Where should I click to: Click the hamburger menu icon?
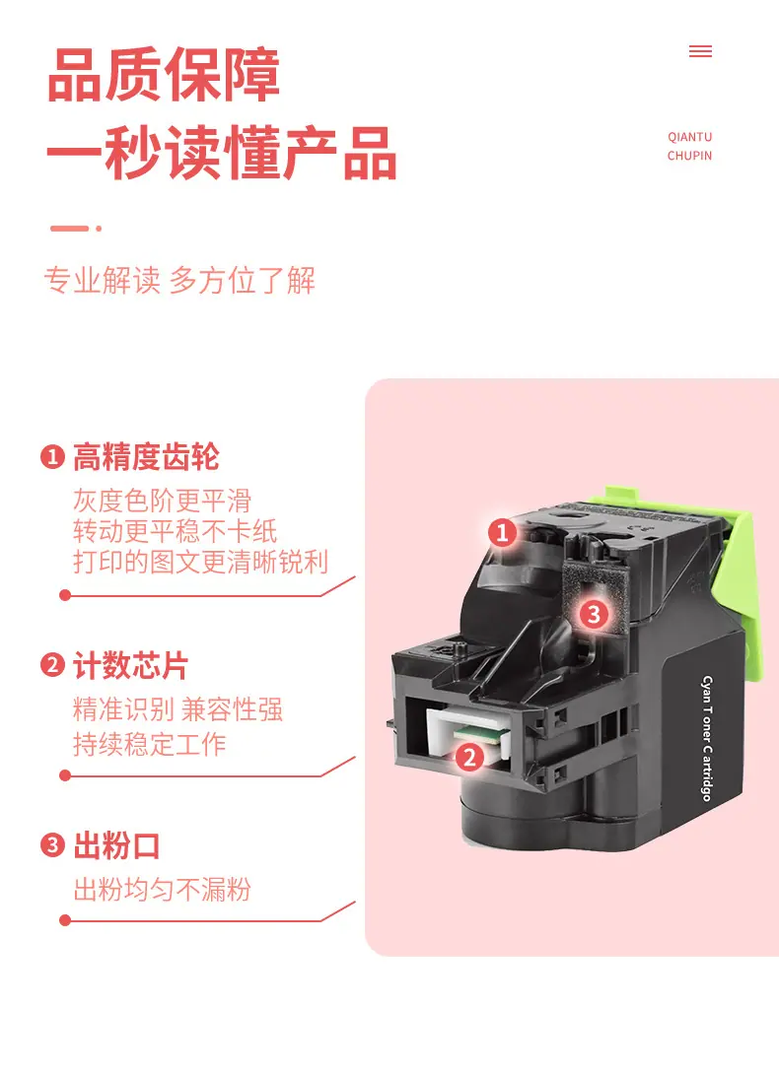(x=700, y=51)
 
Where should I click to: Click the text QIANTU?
(x=690, y=137)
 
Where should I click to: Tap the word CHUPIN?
(x=690, y=156)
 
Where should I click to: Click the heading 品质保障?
(x=164, y=75)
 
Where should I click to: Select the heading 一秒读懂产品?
(x=222, y=152)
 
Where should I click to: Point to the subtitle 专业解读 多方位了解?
(x=179, y=281)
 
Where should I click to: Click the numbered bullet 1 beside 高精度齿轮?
(x=52, y=456)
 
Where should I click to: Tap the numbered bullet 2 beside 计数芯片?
(x=52, y=665)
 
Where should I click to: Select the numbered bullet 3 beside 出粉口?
(x=52, y=845)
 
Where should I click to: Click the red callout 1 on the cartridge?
(x=502, y=532)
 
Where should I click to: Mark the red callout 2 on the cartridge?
(x=469, y=758)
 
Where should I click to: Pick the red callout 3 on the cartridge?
(x=594, y=614)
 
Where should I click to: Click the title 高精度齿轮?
(x=146, y=457)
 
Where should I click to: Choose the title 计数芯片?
(x=130, y=666)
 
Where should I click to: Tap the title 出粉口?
(x=116, y=846)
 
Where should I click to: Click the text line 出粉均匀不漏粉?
(x=163, y=890)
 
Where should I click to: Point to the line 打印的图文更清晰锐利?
(x=200, y=562)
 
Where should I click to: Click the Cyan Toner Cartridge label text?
(x=707, y=738)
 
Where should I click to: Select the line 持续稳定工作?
(x=150, y=745)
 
